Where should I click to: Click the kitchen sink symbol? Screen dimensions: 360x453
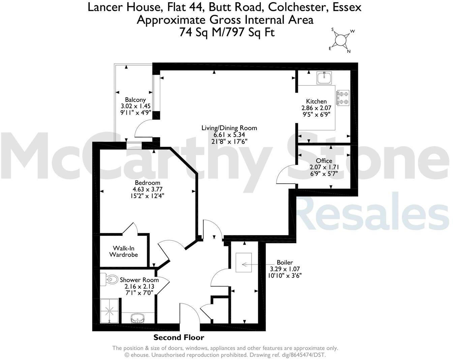(x=324, y=78)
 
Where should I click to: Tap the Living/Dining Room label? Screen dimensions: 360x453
(x=229, y=128)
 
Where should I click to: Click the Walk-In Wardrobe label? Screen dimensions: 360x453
(x=124, y=251)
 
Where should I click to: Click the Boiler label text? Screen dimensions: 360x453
(x=285, y=262)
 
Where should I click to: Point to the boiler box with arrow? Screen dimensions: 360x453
(x=244, y=262)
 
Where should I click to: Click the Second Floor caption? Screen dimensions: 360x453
(x=179, y=337)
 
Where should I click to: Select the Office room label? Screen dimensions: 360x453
(x=324, y=161)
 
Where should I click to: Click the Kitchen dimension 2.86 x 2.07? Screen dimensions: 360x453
(x=316, y=108)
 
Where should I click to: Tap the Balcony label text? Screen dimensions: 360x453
(x=135, y=100)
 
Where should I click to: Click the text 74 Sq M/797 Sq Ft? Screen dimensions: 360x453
(x=227, y=32)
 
